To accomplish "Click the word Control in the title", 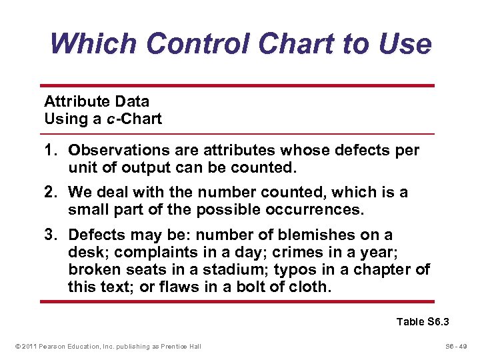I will click(x=198, y=44).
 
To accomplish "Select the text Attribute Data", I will click(x=97, y=101).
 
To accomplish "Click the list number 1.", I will click(x=50, y=151).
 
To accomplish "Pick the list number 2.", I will click(x=50, y=193).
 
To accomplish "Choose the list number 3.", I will click(x=50, y=235).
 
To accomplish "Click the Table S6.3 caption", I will click(x=423, y=322).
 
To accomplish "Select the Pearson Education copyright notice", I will click(x=107, y=345).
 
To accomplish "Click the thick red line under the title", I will click(x=237, y=85).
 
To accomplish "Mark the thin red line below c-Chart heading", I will click(x=237, y=134).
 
